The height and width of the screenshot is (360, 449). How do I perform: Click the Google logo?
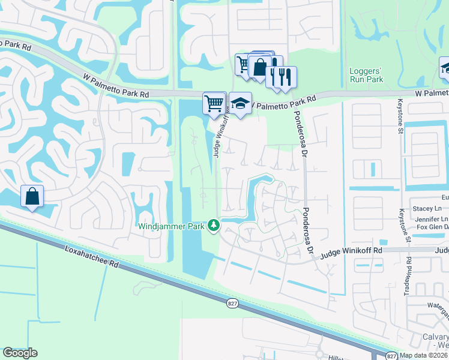click(20, 353)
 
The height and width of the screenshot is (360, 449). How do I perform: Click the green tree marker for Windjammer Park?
click(214, 226)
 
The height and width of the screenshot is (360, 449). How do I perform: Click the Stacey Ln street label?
click(427, 208)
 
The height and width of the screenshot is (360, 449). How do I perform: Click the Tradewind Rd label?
click(409, 274)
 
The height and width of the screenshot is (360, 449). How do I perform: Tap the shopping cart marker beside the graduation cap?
click(214, 103)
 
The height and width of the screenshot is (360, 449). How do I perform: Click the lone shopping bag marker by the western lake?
click(32, 196)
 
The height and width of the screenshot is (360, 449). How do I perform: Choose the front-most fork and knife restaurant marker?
click(286, 76)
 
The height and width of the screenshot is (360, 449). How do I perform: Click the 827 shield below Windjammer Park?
click(232, 304)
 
